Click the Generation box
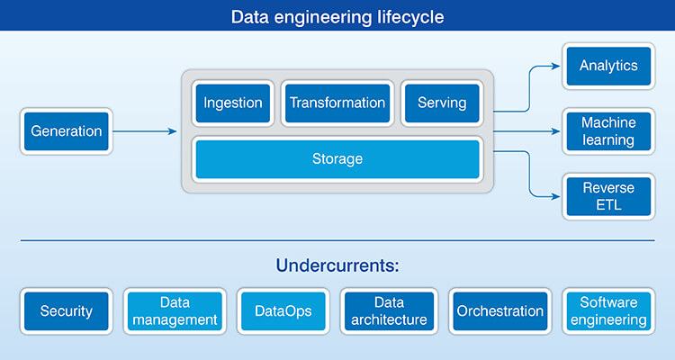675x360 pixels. [x=67, y=131]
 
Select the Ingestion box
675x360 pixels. [x=232, y=103]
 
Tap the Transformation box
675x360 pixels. [x=337, y=103]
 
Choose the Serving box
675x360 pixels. [x=442, y=103]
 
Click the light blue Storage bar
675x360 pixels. [x=337, y=159]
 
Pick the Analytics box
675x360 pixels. [x=608, y=66]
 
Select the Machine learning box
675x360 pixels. [x=608, y=131]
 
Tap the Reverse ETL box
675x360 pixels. [x=608, y=197]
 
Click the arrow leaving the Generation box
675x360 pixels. [x=144, y=131]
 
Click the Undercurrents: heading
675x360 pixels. [x=337, y=266]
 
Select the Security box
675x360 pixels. [x=67, y=311]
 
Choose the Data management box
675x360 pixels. [x=175, y=311]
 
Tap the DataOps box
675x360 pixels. [x=283, y=311]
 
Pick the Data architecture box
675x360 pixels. [x=390, y=311]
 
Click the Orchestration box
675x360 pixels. [x=499, y=311]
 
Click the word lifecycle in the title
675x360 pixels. [x=410, y=17]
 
